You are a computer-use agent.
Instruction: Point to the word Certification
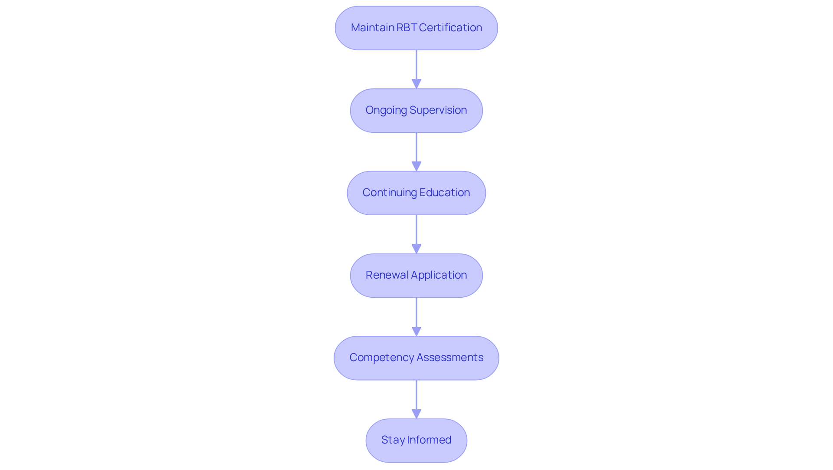(x=450, y=28)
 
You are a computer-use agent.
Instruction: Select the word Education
(x=445, y=193)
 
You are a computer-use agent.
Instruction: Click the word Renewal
(x=387, y=275)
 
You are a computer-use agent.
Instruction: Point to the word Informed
(x=429, y=440)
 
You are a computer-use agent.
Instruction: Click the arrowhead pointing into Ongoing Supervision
(x=416, y=84)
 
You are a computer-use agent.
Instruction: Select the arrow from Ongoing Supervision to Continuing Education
(x=416, y=150)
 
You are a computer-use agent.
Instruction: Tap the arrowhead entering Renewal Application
(x=416, y=249)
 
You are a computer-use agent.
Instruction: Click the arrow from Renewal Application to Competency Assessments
(x=416, y=315)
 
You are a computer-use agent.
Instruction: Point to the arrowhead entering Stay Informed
(x=416, y=414)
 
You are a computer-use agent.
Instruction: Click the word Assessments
(x=450, y=358)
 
